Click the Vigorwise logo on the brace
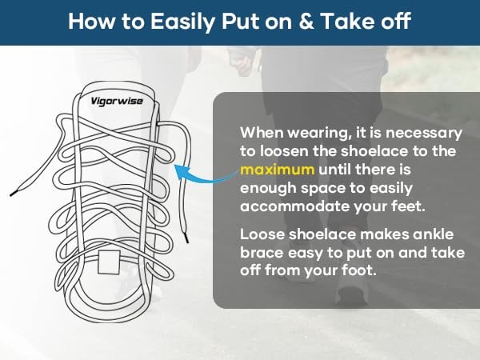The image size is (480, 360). tap(117, 101)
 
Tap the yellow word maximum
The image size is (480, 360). tap(277, 170)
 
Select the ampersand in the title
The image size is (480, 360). tap(306, 21)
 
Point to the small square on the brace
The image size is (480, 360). tap(109, 262)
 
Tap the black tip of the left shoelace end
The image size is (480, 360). tap(13, 194)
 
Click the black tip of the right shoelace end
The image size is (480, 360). tap(186, 238)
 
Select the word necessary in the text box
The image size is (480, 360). tap(423, 134)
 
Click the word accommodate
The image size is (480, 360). tap(294, 206)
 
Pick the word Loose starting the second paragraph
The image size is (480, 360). tap(262, 234)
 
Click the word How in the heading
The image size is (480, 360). tap(91, 21)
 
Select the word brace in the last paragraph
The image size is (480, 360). tap(262, 253)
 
